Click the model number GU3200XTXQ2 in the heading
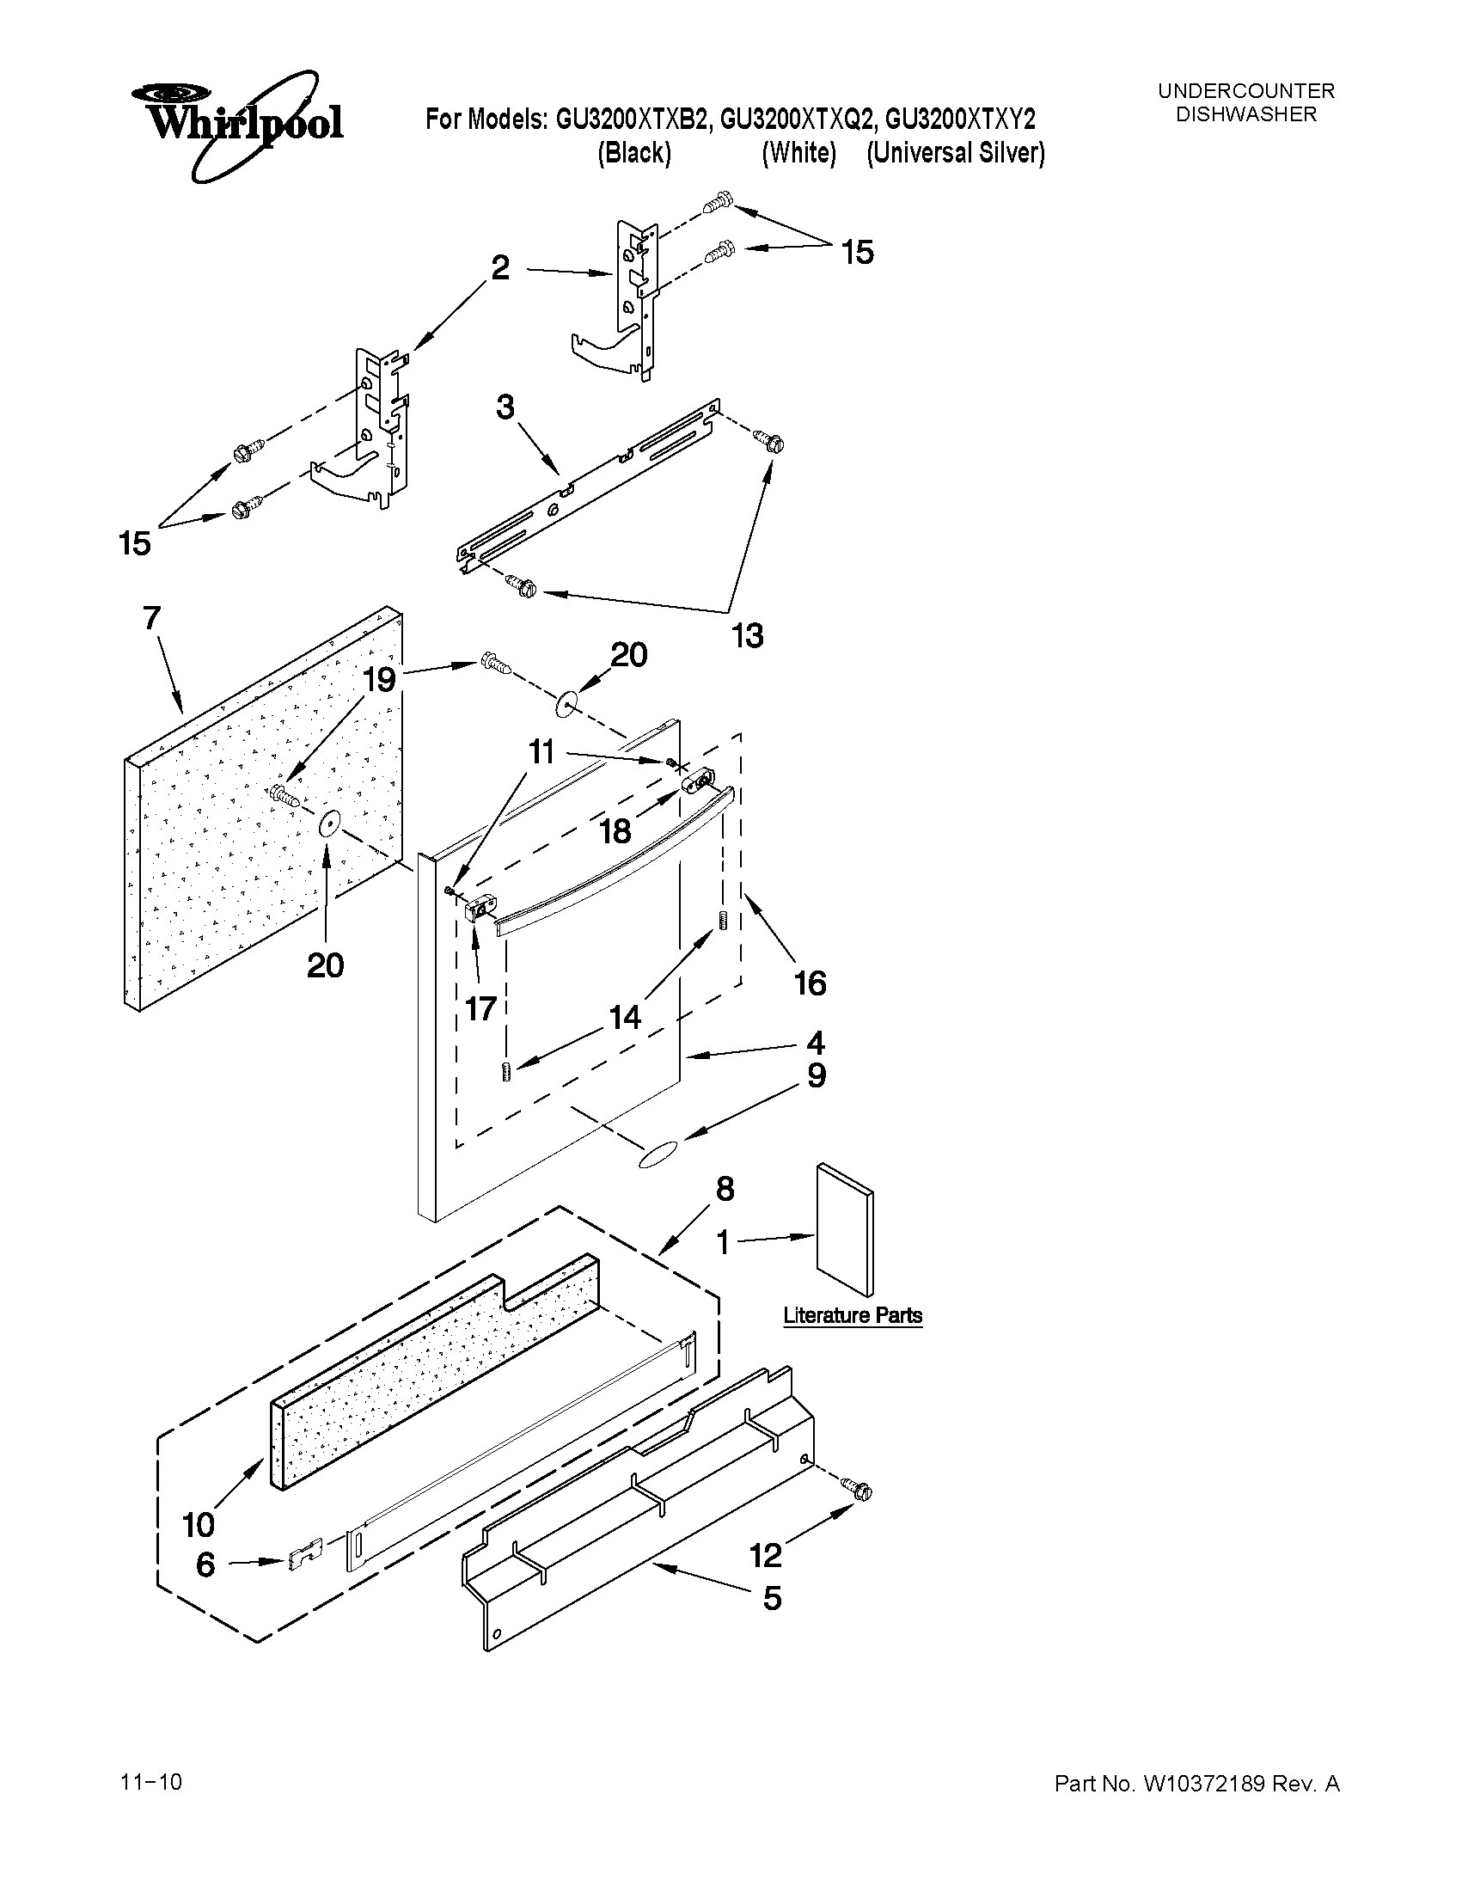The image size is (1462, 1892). click(x=798, y=119)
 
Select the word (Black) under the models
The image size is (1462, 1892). click(x=635, y=153)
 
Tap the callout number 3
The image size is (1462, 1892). click(x=504, y=407)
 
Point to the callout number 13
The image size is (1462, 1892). click(x=748, y=636)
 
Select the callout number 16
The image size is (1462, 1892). click(x=810, y=983)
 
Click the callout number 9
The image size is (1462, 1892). click(x=816, y=1076)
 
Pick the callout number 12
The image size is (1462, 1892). click(x=766, y=1556)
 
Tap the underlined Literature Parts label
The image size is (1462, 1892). click(x=853, y=1315)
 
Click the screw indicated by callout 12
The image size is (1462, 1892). click(x=861, y=1491)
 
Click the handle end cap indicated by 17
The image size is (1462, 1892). click(x=477, y=910)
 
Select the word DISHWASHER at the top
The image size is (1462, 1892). click(x=1245, y=114)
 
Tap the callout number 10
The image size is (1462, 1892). click(x=199, y=1524)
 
